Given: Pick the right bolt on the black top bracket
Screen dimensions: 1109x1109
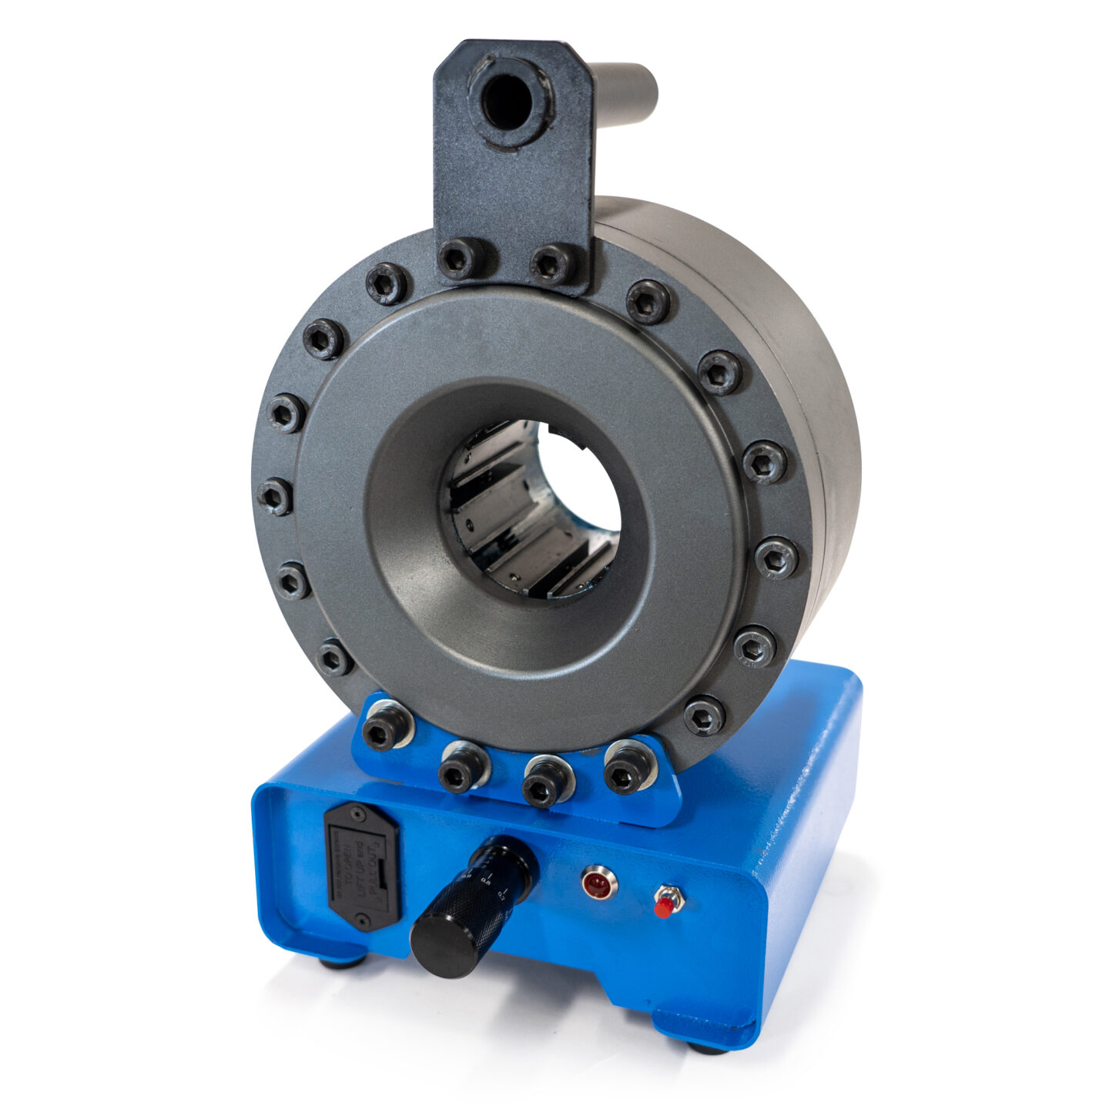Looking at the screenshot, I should coord(554,264).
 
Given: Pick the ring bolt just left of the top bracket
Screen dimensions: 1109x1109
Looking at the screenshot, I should coord(387,283).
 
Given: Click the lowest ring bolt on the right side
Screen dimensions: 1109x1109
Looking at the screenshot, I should coord(704,715).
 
